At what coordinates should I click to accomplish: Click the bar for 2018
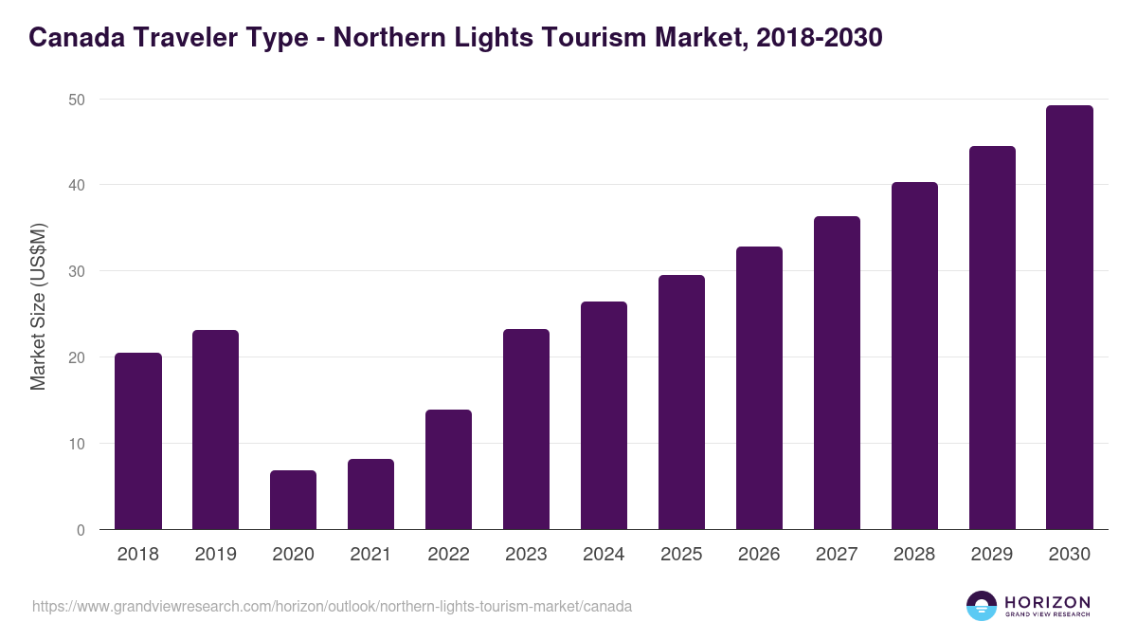click(x=138, y=441)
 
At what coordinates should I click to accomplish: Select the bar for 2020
click(x=293, y=500)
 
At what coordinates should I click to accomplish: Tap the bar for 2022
click(x=448, y=469)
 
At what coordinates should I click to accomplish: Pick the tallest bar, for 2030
click(x=1070, y=318)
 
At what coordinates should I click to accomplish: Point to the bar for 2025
click(x=681, y=402)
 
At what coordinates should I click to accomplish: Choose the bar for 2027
click(x=837, y=373)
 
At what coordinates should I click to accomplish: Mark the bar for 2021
click(x=370, y=494)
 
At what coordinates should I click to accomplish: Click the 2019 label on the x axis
click(x=215, y=555)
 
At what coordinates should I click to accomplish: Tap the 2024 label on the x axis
click(x=604, y=555)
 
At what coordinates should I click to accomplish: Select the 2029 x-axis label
click(x=992, y=555)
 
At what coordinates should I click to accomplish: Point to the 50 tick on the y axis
click(x=77, y=100)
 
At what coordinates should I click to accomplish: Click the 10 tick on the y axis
click(x=77, y=444)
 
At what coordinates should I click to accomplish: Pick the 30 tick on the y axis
click(x=77, y=271)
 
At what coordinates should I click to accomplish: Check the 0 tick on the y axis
click(x=81, y=530)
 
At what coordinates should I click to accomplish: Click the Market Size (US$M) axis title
click(x=38, y=305)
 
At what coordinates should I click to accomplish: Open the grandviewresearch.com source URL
click(x=332, y=606)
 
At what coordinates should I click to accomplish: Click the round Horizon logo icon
click(x=982, y=606)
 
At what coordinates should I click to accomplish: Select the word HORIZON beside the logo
click(x=1047, y=601)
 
